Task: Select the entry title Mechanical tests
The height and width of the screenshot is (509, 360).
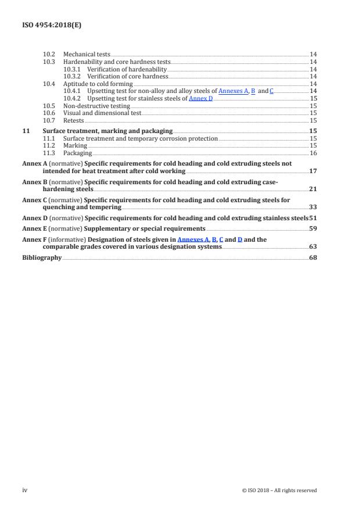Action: (87, 54)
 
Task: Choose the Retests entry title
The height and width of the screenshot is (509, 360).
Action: (73, 121)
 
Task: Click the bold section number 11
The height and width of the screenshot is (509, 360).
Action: (25, 131)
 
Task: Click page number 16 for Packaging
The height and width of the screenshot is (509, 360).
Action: (312, 153)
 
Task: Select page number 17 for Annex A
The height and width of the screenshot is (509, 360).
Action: (312, 172)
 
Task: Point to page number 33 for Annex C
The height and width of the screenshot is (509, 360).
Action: (312, 207)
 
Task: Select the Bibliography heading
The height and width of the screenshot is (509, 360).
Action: (41, 258)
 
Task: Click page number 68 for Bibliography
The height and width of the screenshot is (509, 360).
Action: (312, 258)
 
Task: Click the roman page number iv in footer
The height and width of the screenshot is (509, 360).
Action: (24, 490)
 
